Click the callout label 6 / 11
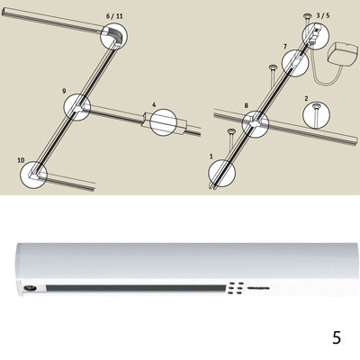click(x=114, y=16)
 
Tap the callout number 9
click(x=64, y=91)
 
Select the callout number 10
click(x=21, y=160)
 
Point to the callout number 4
click(x=154, y=104)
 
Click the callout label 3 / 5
click(x=323, y=15)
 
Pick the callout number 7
click(x=285, y=47)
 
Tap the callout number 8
click(x=247, y=105)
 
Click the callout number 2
click(x=306, y=99)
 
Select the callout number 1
click(x=211, y=157)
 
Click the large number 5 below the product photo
click(x=337, y=337)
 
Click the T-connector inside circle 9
click(x=78, y=108)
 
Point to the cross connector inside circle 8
click(x=256, y=123)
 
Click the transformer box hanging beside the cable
click(x=344, y=56)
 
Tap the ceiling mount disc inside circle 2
click(x=316, y=106)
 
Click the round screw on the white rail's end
click(x=31, y=288)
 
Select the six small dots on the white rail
click(x=235, y=287)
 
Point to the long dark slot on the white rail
click(x=136, y=288)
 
